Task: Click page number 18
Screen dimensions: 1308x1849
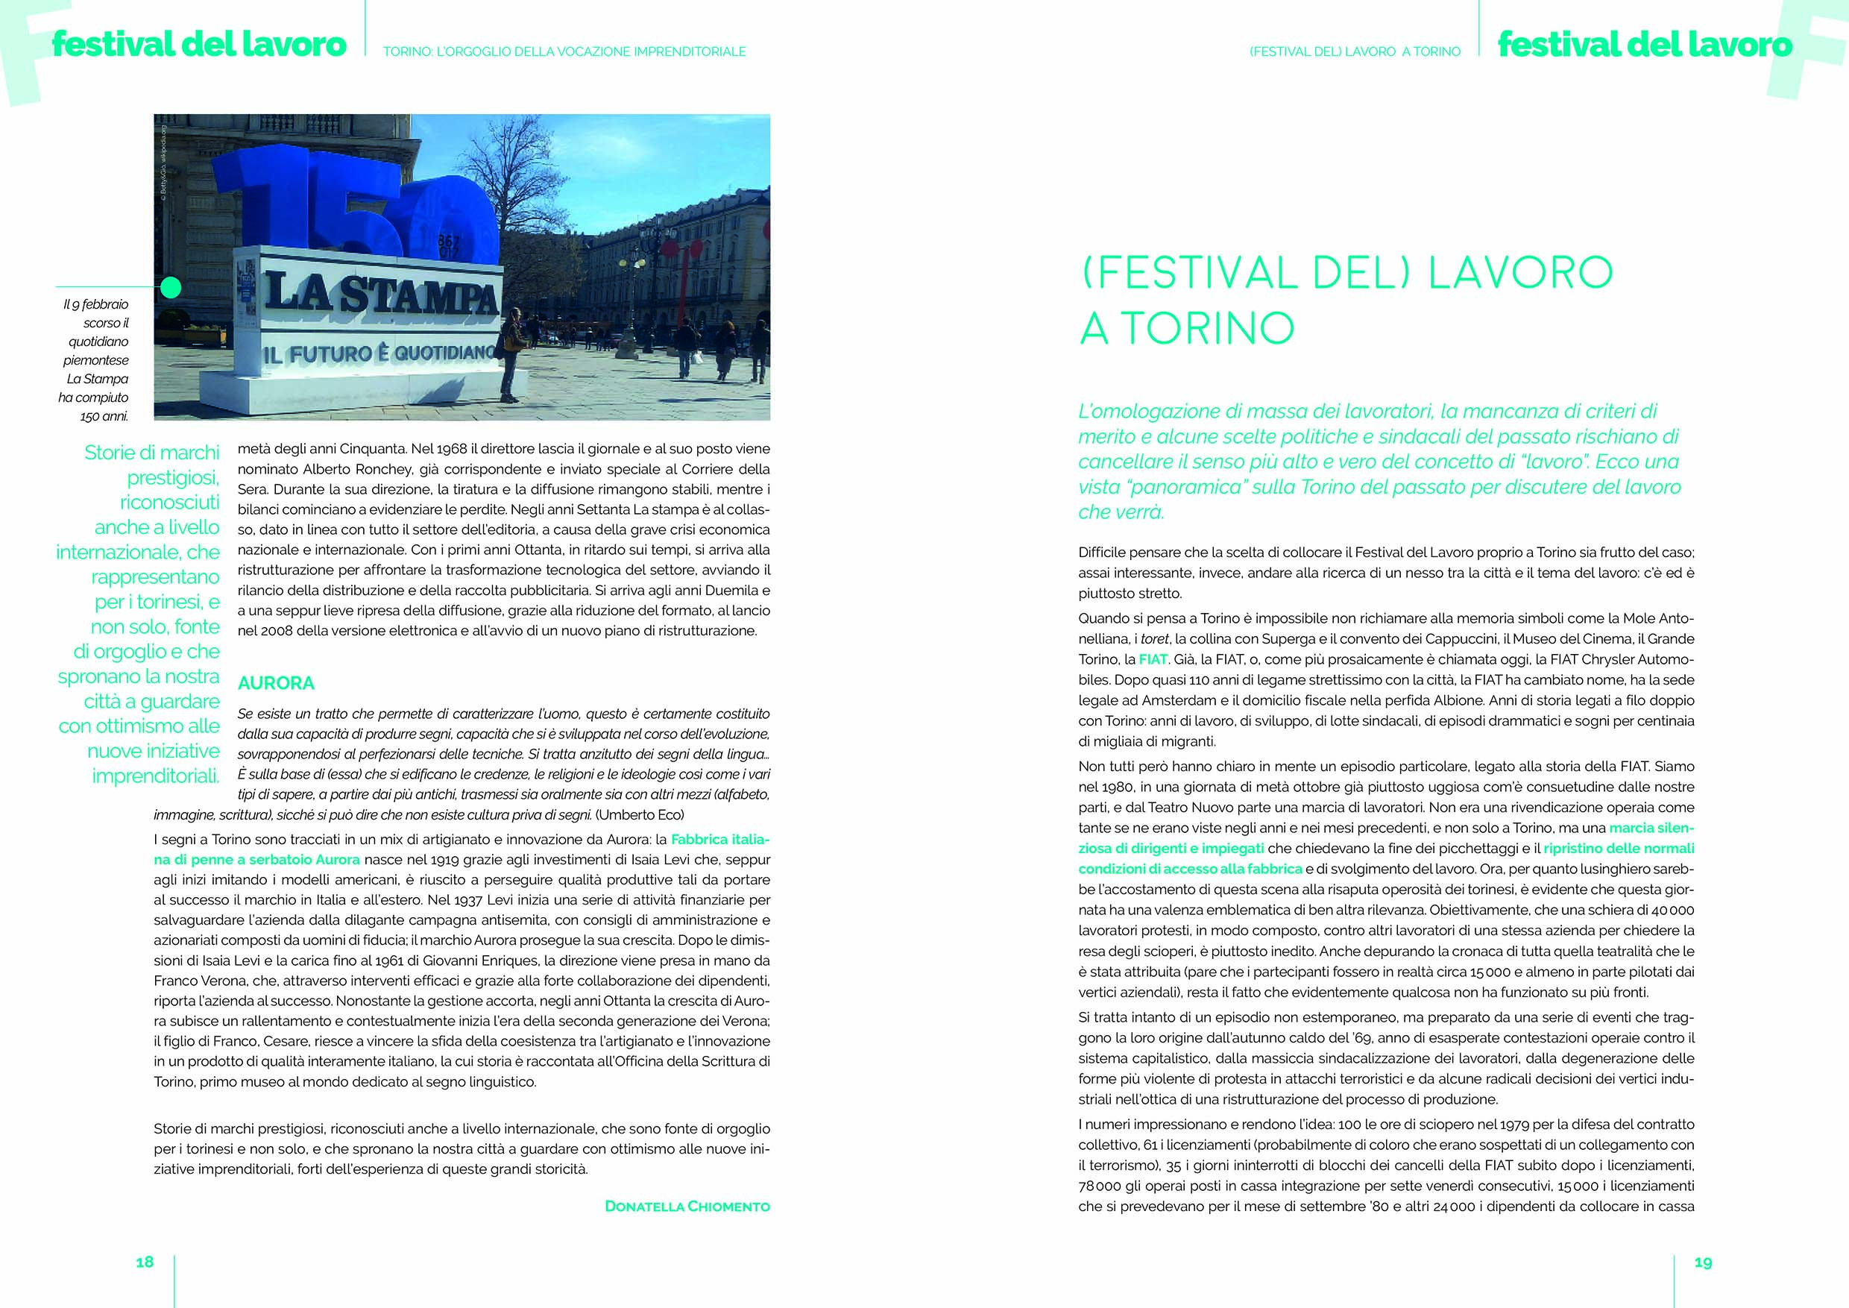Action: coord(145,1262)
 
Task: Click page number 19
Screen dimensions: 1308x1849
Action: coord(1702,1262)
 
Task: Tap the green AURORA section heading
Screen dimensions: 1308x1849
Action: coord(276,683)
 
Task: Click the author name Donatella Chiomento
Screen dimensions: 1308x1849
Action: coord(687,1207)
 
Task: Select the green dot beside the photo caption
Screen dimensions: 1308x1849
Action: coord(171,286)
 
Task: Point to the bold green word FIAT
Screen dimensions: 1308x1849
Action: coord(1153,658)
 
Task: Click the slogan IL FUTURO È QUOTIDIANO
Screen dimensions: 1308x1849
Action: coord(379,353)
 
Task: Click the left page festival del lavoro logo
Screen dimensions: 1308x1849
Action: coord(199,44)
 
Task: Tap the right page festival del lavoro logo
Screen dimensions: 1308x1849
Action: coord(1645,44)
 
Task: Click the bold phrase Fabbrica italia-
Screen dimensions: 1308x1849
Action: coord(720,838)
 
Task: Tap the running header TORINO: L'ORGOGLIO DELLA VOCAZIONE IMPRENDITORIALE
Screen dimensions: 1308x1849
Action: coord(564,51)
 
